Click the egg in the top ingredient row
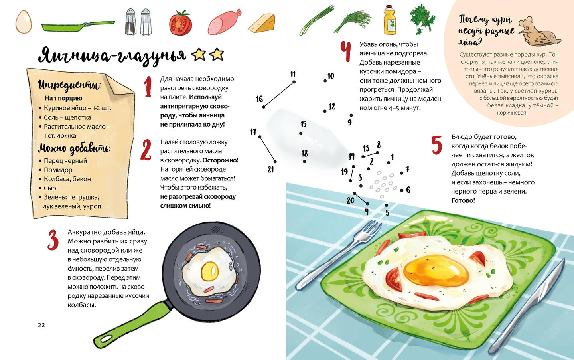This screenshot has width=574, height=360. [24, 22]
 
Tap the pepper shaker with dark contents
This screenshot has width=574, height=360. [131, 22]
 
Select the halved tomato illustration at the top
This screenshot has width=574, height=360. [180, 23]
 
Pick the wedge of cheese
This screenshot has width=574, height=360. [262, 23]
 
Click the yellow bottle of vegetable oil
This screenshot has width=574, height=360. [390, 20]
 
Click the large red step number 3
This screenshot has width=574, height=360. [53, 240]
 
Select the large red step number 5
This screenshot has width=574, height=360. [437, 145]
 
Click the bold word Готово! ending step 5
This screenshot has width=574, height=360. [463, 200]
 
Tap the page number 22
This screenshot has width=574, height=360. [41, 325]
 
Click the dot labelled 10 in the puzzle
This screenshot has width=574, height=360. [325, 81]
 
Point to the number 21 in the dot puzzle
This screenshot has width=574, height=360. [270, 170]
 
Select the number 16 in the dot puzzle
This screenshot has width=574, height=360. [259, 99]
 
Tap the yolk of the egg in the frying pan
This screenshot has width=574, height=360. [209, 271]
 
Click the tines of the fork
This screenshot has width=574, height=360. [371, 229]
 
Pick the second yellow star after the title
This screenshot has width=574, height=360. [217, 54]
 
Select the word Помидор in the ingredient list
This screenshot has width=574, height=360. [58, 170]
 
